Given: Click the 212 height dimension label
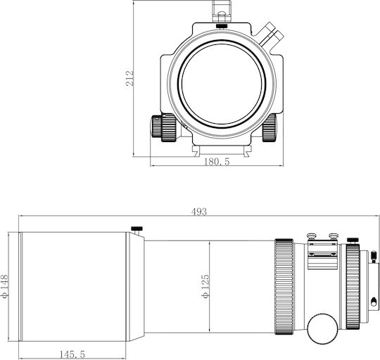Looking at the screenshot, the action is (x=129, y=78).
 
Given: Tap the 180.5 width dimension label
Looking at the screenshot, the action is (x=217, y=162).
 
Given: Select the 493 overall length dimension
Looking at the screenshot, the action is (x=199, y=212).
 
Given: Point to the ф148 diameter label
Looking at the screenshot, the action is (x=4, y=286).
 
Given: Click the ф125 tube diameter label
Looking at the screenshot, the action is (x=205, y=286).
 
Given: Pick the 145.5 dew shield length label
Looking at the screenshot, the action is (x=72, y=354).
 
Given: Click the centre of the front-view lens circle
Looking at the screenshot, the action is (x=222, y=83).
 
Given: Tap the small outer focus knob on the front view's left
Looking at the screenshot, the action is (x=156, y=126).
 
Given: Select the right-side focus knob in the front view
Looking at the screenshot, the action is (x=270, y=127).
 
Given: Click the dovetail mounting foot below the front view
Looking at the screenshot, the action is (x=222, y=150).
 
